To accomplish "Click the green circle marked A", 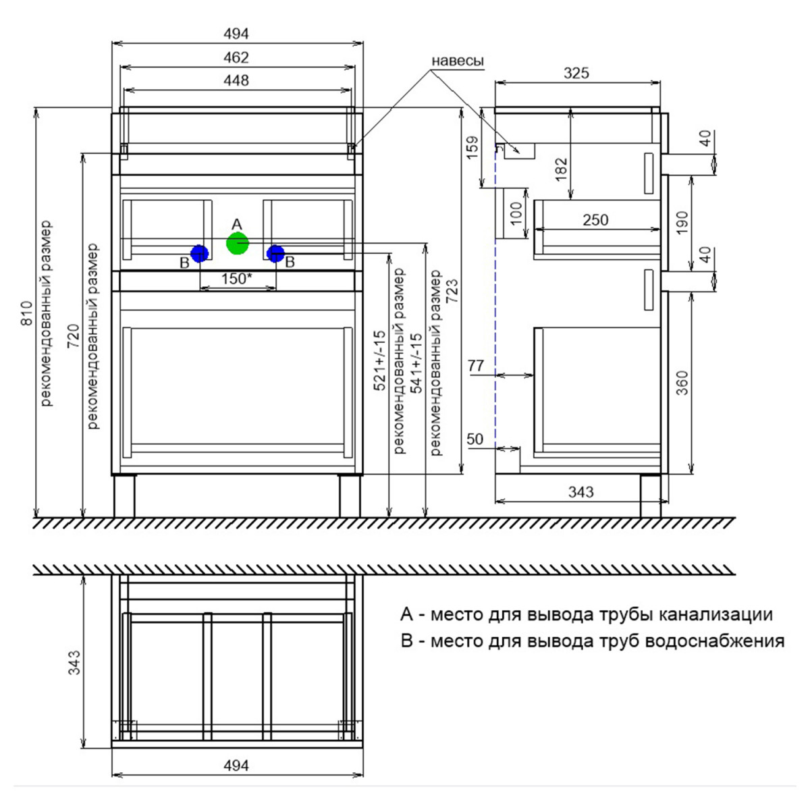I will tap(237, 243).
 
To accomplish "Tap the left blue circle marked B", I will tap(199, 253).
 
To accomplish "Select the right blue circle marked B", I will tap(275, 253).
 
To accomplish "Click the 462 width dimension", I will tap(236, 57).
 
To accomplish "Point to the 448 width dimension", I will tap(236, 80).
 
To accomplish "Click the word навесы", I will tap(458, 61).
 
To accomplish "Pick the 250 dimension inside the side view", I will tap(595, 219).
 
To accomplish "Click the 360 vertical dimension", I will tap(682, 383).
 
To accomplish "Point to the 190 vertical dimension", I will tap(682, 223).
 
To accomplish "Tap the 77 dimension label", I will tap(476, 365).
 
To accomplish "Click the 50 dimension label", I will tap(475, 439).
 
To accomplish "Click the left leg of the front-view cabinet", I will tap(124, 495).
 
